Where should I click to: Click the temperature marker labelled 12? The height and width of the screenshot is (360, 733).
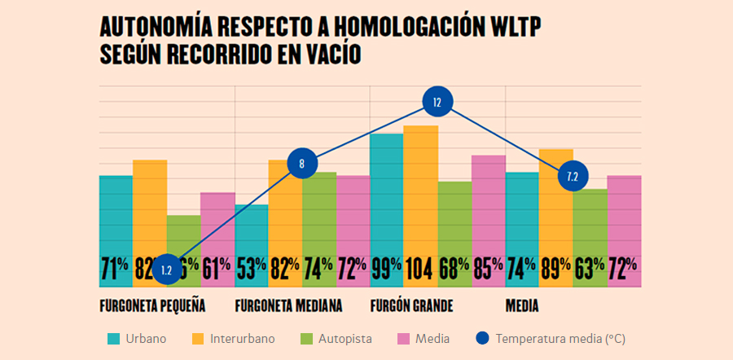437,103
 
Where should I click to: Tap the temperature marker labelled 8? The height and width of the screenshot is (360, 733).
301,163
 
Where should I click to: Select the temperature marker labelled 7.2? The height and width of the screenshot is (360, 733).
572,176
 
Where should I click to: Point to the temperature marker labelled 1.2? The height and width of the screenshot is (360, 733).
167,270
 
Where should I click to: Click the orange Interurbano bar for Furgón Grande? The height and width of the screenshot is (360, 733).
420,195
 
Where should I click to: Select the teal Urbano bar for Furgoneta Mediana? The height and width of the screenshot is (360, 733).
252,236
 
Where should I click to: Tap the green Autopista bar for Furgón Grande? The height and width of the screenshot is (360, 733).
454,220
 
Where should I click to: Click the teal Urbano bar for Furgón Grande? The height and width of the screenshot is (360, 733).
386,195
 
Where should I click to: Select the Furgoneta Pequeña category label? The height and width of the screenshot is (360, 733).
151,306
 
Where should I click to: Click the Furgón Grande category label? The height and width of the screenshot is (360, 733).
411,306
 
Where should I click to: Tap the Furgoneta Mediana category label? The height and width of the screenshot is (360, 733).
288,306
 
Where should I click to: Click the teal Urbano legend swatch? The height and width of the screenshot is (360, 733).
115,338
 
